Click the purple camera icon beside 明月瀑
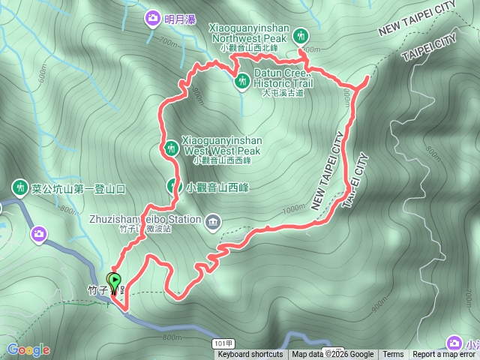pos(153,17)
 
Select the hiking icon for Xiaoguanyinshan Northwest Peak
pos(301,34)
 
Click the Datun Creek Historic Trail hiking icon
pos(242,80)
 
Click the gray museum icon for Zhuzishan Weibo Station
pos(214,220)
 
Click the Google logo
pos(28,349)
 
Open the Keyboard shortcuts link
pos(250,355)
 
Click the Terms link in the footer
pos(393,355)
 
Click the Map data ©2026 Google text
pos(333,355)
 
